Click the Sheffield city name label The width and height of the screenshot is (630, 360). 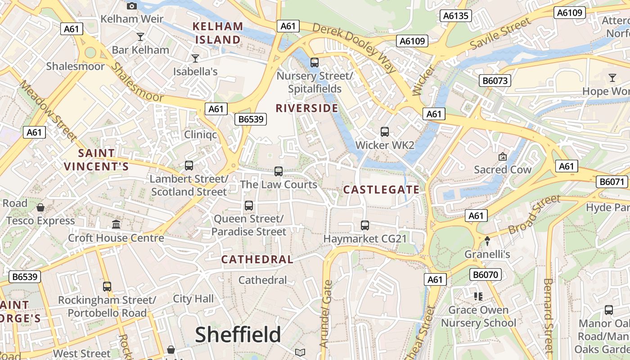click(x=238, y=335)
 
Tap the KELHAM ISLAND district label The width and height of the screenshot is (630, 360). click(x=218, y=33)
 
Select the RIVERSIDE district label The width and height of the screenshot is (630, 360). click(x=306, y=108)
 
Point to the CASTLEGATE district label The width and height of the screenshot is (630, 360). click(x=381, y=189)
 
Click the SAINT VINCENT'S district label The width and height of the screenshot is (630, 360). click(x=96, y=160)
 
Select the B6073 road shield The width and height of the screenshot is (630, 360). click(x=495, y=81)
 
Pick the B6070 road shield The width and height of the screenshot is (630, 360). click(x=486, y=274)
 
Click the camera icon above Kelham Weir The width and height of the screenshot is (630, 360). click(x=131, y=6)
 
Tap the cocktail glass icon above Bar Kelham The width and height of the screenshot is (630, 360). click(x=140, y=36)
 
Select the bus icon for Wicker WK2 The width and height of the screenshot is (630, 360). click(x=384, y=132)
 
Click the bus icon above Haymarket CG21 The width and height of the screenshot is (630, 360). click(x=364, y=225)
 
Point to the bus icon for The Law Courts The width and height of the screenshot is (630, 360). click(x=278, y=171)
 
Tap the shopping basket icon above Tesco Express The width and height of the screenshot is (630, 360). click(x=40, y=207)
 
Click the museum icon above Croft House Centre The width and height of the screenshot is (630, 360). click(x=116, y=224)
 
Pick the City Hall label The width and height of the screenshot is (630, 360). click(x=193, y=299)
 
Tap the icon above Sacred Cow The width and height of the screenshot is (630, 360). click(x=502, y=157)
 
